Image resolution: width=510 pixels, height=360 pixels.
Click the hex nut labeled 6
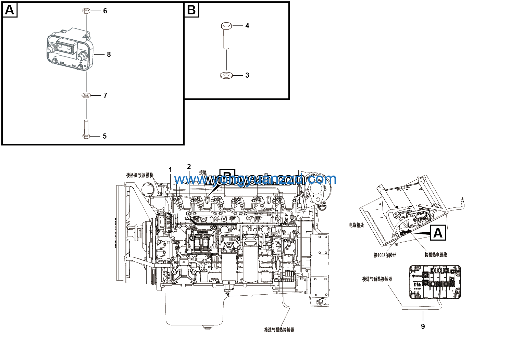(x=86, y=11)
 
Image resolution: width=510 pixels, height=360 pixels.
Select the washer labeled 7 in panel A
(x=86, y=95)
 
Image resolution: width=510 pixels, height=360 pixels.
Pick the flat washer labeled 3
(x=226, y=75)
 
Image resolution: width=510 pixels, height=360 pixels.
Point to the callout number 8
(x=109, y=54)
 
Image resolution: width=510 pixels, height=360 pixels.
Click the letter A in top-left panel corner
(x=10, y=10)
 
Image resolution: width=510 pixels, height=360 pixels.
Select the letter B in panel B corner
(x=191, y=10)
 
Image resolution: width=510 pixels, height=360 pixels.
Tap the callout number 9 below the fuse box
(x=423, y=326)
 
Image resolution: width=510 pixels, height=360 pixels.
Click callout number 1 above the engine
(x=170, y=170)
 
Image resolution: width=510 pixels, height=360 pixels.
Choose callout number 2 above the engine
(x=189, y=167)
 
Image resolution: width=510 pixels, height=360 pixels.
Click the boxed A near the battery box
(x=438, y=233)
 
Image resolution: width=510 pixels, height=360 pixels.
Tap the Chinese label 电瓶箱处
(x=357, y=225)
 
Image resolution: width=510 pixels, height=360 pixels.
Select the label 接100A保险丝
(x=385, y=255)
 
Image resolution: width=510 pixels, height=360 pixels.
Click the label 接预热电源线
(x=436, y=255)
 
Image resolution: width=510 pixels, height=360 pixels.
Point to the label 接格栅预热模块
(x=140, y=175)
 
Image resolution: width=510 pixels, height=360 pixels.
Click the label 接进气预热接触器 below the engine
(x=279, y=330)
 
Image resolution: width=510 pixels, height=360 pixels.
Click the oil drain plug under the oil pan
(x=207, y=328)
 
